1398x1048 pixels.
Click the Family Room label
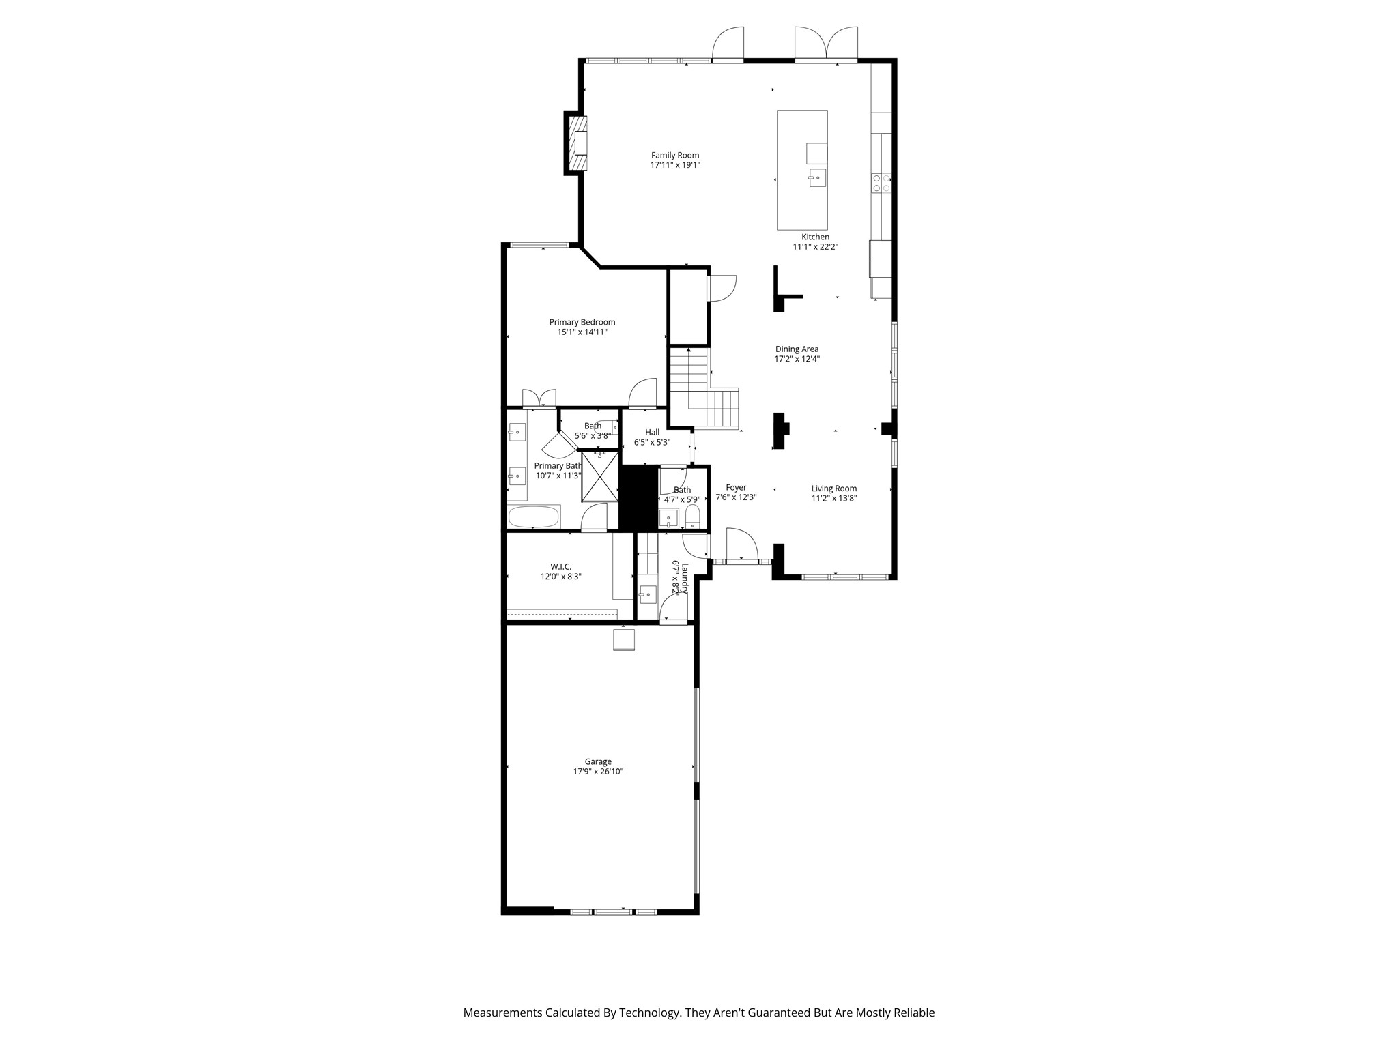[x=674, y=156]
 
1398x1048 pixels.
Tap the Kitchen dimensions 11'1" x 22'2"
[x=815, y=247]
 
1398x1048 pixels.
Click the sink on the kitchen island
[x=817, y=178]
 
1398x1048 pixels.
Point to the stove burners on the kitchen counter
[x=881, y=182]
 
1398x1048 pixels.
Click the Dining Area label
[x=797, y=349]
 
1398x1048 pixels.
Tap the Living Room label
[x=833, y=489]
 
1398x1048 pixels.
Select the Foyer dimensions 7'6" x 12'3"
[x=736, y=497]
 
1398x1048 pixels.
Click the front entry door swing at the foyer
[x=742, y=544]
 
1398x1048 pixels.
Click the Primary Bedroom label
[x=582, y=322]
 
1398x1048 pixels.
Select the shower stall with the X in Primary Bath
[x=599, y=477]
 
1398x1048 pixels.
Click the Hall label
[x=652, y=432]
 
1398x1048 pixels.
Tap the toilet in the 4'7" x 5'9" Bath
[x=692, y=517]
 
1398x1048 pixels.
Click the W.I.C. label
[x=560, y=566]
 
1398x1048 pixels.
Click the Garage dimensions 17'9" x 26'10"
[x=598, y=772]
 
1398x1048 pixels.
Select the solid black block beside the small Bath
[x=638, y=497]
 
